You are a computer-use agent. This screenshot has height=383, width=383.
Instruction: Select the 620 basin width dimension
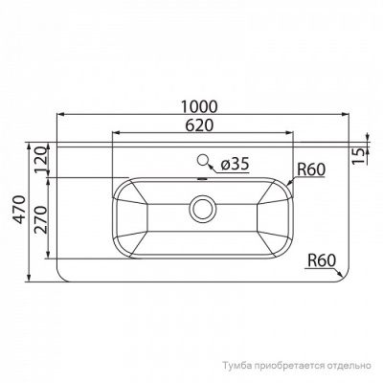click(x=199, y=124)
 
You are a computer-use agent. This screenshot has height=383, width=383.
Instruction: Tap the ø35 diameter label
click(x=235, y=164)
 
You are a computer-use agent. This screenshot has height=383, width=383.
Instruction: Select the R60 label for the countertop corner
click(x=323, y=259)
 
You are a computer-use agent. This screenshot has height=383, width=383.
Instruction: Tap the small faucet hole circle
click(x=203, y=162)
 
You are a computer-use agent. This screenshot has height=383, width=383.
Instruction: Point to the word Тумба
click(x=236, y=366)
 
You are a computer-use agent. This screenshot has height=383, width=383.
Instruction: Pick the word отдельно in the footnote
click(x=347, y=366)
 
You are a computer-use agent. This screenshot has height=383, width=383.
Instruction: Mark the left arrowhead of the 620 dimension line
click(x=115, y=133)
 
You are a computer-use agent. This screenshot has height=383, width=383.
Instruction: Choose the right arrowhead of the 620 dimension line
click(x=285, y=133)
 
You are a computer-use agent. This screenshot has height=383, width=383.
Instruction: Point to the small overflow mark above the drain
click(x=202, y=179)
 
